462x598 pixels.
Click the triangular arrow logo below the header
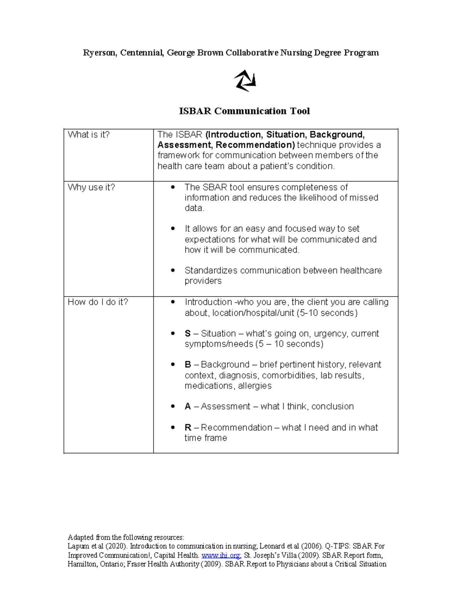(245, 80)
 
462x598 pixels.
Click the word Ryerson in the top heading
(99, 53)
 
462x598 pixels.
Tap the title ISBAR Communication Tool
(244, 111)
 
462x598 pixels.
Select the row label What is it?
(89, 135)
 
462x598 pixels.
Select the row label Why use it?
(91, 188)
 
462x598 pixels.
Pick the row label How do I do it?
(98, 302)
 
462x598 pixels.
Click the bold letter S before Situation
(187, 334)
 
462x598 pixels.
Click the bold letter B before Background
(188, 365)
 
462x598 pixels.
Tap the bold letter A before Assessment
(188, 407)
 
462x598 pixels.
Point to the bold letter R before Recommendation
(188, 428)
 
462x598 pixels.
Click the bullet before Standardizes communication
(173, 271)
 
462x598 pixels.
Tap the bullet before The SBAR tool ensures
(173, 188)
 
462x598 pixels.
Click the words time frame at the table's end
(206, 438)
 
